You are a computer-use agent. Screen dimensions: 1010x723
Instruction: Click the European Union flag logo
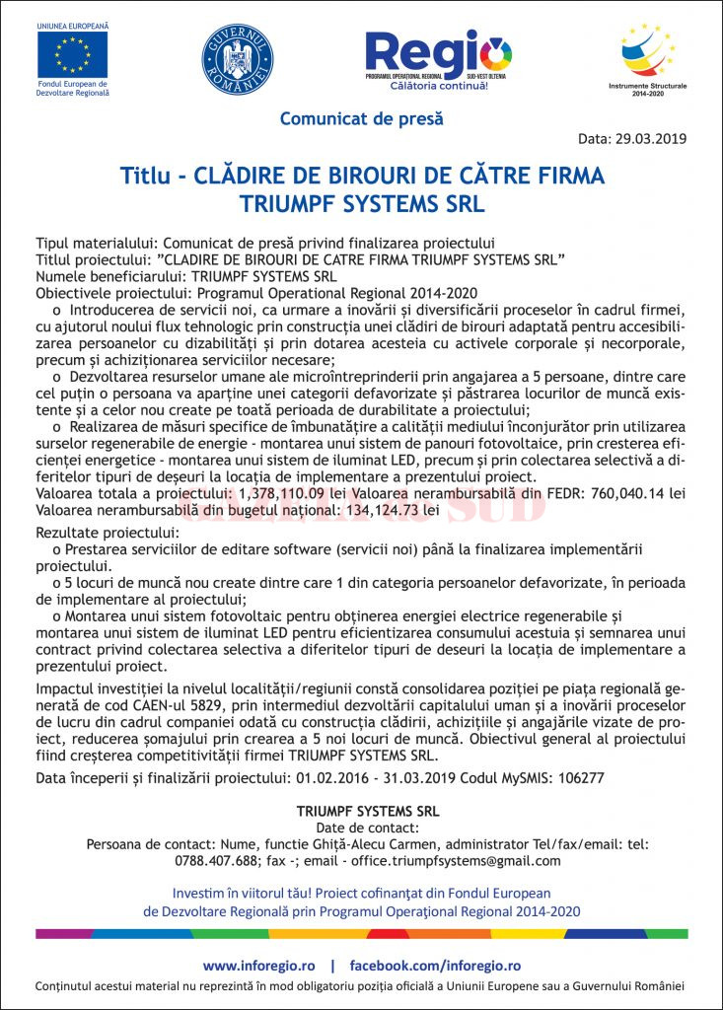pos(72,54)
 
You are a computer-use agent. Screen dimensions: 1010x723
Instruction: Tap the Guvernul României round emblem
pos(238,59)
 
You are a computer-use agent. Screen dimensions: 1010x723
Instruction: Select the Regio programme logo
pos(439,54)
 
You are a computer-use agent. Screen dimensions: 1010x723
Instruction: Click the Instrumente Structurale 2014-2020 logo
pos(648,54)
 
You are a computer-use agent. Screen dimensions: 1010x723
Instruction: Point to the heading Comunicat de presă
pos(361,118)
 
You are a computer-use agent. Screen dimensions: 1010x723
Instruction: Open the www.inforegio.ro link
pos(258,966)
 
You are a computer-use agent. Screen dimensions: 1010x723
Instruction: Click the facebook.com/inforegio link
pos(435,966)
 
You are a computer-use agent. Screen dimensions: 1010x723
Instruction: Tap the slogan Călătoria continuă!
pos(439,86)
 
